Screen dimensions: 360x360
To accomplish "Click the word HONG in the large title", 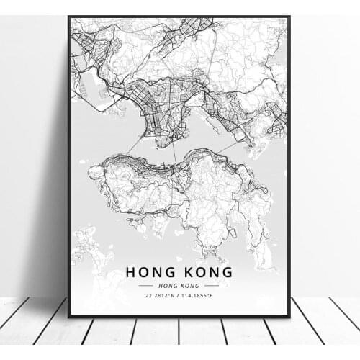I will pos(151,272).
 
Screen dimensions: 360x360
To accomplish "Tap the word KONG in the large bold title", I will pos(206,272).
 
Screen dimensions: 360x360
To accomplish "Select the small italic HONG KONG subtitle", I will pos(179,286).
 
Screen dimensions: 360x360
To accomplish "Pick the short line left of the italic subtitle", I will pos(147,286).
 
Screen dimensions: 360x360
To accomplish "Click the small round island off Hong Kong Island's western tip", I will pos(95,172).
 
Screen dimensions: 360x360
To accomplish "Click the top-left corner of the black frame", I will pos(69,17).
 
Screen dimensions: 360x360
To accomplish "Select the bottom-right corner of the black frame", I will pos(289,316).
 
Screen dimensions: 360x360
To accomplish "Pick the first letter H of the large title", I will pos(130,272).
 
